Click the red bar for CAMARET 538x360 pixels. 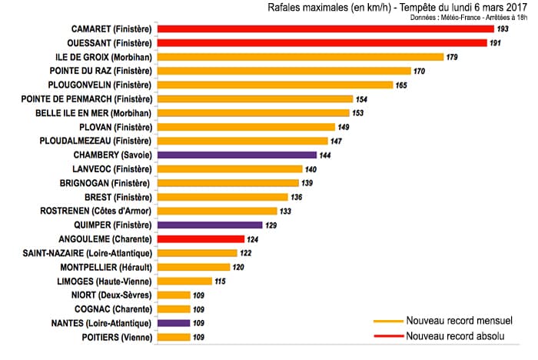[325, 28]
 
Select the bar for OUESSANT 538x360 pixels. [324, 42]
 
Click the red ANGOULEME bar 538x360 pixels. [201, 238]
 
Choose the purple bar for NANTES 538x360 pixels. [174, 323]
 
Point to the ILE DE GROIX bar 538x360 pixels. [301, 56]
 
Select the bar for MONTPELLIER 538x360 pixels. [194, 267]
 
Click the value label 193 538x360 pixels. [503, 28]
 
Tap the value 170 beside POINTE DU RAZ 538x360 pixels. [420, 71]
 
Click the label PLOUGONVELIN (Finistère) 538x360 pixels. [100, 85]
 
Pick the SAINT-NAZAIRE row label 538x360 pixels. [88, 253]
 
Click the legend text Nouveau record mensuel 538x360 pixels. [460, 321]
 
